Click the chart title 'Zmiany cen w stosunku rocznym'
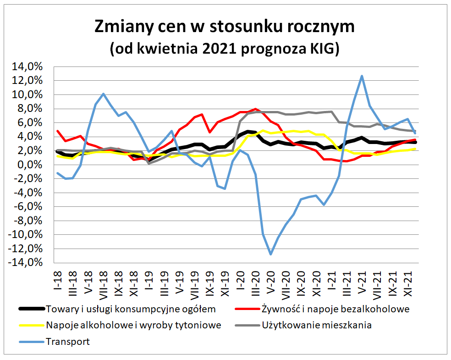pyautogui.click(x=224, y=26)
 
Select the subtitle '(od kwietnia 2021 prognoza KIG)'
pyautogui.click(x=224, y=48)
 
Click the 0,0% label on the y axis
pyautogui.click(x=32, y=165)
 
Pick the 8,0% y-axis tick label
pyautogui.click(x=32, y=109)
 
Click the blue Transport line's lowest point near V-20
pyautogui.click(x=271, y=254)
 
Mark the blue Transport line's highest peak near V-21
pyautogui.click(x=362, y=76)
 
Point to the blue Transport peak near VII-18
pyautogui.click(x=103, y=94)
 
